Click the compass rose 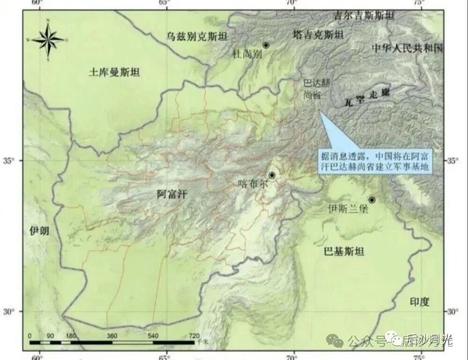(48, 40)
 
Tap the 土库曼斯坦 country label (114, 72)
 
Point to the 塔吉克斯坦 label (318, 35)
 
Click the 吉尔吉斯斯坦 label (364, 15)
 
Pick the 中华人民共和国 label (407, 48)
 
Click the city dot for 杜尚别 (266, 45)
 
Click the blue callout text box (374, 162)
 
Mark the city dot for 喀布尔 (272, 175)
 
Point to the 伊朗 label (39, 230)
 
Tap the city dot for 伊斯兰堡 (372, 200)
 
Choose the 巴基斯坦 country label (344, 252)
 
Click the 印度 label (419, 302)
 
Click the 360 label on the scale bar (112, 336)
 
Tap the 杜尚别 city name (247, 54)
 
